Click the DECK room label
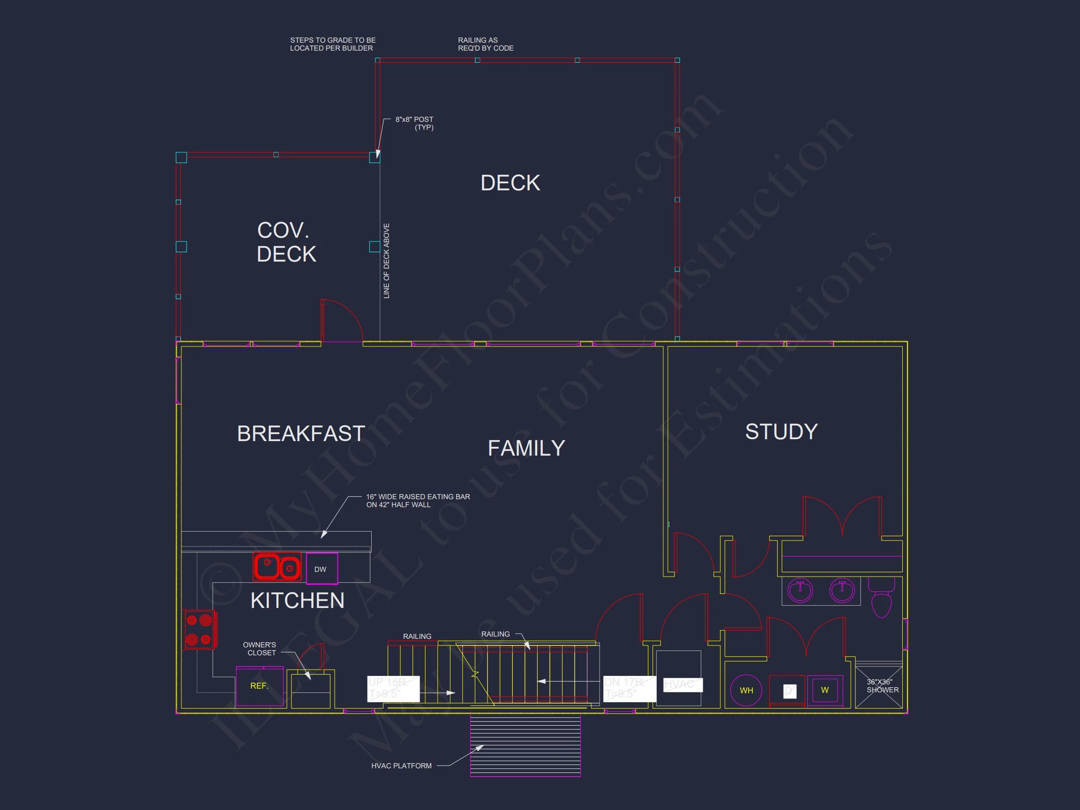510,183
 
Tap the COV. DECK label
286,242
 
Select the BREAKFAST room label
301,434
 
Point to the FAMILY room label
526,448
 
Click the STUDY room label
781,432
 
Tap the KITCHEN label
297,600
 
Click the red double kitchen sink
277,567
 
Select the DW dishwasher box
321,569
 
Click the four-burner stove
199,630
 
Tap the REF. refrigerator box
259,686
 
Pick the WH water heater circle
746,690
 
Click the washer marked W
825,690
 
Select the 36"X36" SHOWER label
882,686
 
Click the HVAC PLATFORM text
401,765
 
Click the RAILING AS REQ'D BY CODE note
485,45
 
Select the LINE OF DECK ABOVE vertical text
387,261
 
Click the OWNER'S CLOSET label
260,649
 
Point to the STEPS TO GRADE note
332,45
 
